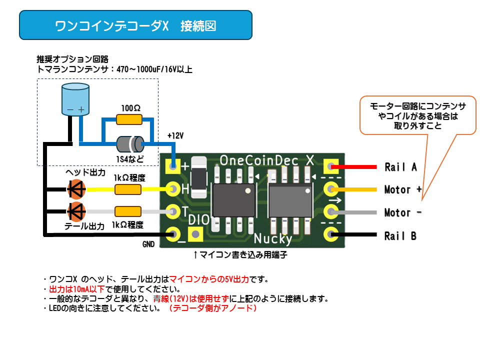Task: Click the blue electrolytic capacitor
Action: coord(75,99)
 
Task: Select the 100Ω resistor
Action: coord(129,119)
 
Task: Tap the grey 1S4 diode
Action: coord(130,144)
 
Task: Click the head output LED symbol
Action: coord(76,189)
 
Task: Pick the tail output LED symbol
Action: coord(76,211)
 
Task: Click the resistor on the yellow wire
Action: coord(128,189)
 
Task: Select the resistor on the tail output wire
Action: coord(128,211)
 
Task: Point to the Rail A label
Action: coord(400,167)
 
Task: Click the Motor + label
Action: coord(403,190)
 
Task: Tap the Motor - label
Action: coord(403,212)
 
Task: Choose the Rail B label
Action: coord(400,236)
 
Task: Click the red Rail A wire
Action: coord(354,167)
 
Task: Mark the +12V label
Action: coord(175,135)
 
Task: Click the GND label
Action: coord(148,244)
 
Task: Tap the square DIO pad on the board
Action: coord(195,234)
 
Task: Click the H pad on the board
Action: coord(173,189)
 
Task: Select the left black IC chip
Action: coord(234,200)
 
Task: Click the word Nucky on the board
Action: coord(273,239)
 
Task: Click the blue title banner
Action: coord(135,25)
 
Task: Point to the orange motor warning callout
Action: coord(418,115)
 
